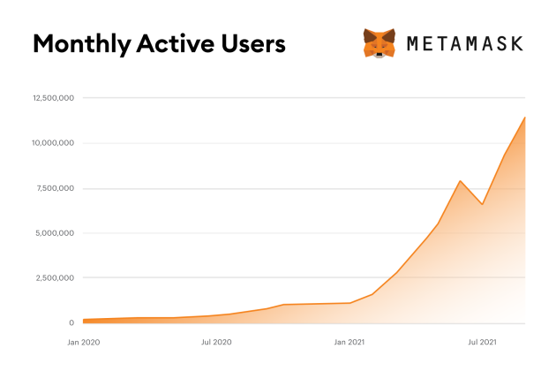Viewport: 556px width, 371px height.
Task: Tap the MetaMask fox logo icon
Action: tap(379, 43)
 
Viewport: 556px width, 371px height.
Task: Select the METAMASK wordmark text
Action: tap(465, 43)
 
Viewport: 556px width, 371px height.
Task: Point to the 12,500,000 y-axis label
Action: tap(54, 98)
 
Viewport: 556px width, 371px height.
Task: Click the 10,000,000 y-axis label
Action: tap(54, 143)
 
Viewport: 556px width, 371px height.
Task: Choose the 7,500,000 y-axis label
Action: tap(56, 188)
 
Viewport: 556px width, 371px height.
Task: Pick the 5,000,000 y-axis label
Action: tap(56, 233)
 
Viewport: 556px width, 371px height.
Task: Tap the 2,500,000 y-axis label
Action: tap(56, 278)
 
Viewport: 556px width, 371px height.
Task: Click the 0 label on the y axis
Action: tap(71, 323)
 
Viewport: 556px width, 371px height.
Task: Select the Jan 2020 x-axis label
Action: tap(84, 341)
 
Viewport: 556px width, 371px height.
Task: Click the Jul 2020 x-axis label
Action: tap(216, 341)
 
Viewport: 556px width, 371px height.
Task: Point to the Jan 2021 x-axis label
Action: tap(350, 341)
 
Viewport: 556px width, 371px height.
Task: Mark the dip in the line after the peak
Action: tap(482, 204)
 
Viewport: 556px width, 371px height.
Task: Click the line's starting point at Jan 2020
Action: tap(83, 320)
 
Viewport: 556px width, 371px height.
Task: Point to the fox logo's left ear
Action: tap(367, 33)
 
